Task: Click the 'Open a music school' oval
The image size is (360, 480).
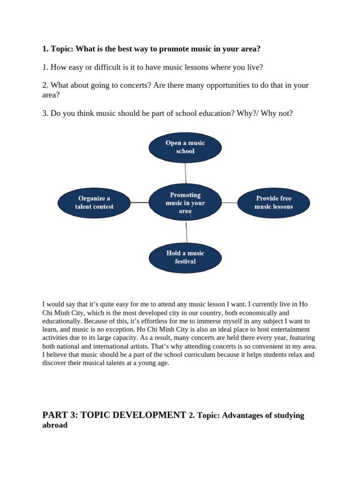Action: tap(185, 147)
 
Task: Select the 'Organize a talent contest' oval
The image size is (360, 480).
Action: tap(94, 202)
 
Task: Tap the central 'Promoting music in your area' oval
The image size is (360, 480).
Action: tap(185, 202)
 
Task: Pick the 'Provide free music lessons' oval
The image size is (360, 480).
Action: tap(274, 202)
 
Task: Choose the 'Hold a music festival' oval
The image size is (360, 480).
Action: tap(185, 257)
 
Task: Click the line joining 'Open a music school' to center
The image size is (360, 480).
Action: tap(186, 173)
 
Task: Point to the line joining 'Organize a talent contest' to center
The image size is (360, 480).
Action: tap(139, 202)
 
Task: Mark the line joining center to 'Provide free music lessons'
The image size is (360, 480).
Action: tap(230, 202)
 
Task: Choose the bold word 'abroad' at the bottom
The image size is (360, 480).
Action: tap(55, 425)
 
